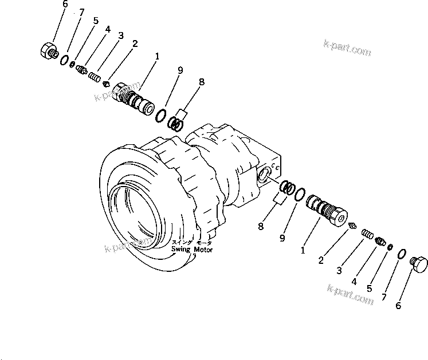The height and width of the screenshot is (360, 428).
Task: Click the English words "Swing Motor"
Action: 192,250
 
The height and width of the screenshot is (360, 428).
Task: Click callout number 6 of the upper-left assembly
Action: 65,4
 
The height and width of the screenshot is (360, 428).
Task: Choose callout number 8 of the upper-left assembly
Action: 201,82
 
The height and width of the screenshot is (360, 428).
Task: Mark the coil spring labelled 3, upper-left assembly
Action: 96,75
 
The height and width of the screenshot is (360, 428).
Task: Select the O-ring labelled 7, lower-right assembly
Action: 402,254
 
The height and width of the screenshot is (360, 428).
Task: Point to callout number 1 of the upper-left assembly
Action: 156,57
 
